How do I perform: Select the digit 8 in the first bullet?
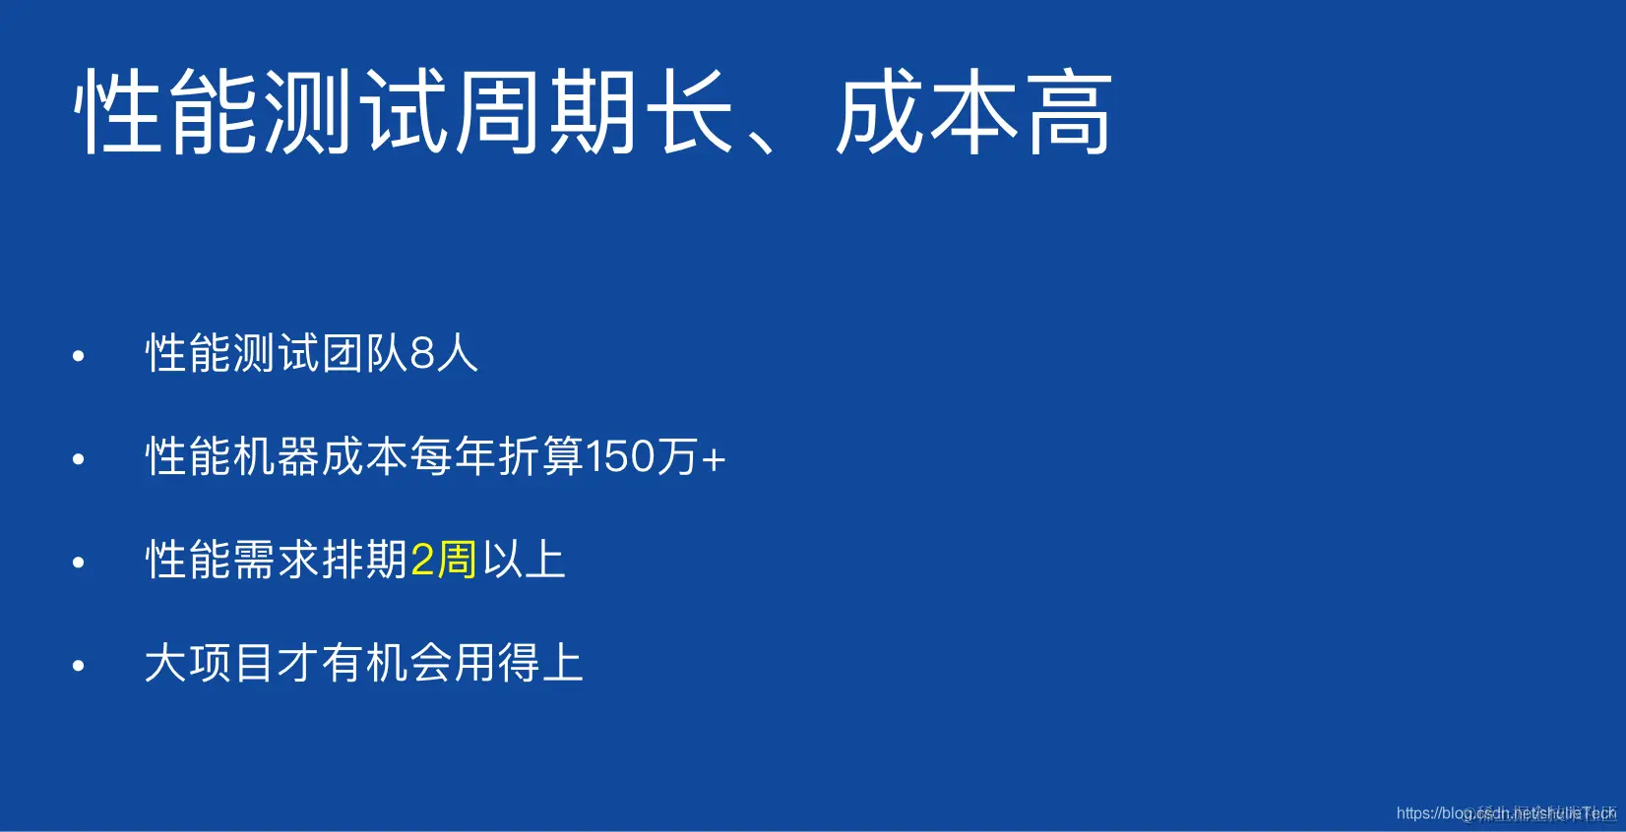pyautogui.click(x=422, y=354)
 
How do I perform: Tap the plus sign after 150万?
pyautogui.click(x=714, y=459)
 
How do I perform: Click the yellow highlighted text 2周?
pyautogui.click(x=443, y=561)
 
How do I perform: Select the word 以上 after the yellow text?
pyautogui.click(x=524, y=561)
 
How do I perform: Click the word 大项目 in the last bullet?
pyautogui.click(x=209, y=663)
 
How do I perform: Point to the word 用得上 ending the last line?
pyautogui.click(x=519, y=663)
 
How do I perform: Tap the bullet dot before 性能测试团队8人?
pyautogui.click(x=79, y=356)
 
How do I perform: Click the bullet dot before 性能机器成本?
pyautogui.click(x=79, y=459)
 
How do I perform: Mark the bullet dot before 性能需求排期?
pyautogui.click(x=79, y=563)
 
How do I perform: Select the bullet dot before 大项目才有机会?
pyautogui.click(x=79, y=666)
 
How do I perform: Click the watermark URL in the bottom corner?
pyautogui.click(x=1505, y=813)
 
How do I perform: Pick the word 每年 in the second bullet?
pyautogui.click(x=453, y=457)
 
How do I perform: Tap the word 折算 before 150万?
pyautogui.click(x=540, y=457)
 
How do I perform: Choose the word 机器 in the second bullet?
pyautogui.click(x=277, y=457)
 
